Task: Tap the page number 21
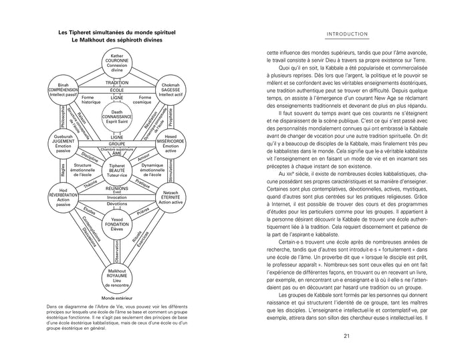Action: click(347, 336)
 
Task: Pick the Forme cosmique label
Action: click(143, 100)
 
